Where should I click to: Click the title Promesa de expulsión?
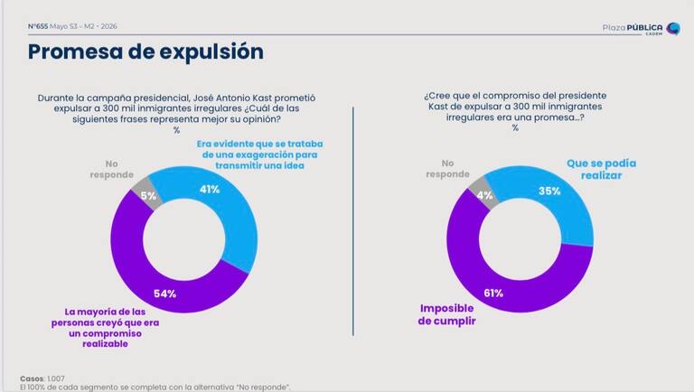[145, 51]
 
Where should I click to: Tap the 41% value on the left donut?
[210, 190]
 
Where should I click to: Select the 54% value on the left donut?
[164, 294]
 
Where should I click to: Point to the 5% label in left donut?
[148, 196]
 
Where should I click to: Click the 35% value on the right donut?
[549, 191]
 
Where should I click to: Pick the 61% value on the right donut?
[493, 293]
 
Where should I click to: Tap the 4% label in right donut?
[484, 195]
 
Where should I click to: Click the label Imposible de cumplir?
[446, 314]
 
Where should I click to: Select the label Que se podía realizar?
[601, 169]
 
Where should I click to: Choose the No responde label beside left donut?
[111, 169]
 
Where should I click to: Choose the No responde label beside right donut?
[447, 169]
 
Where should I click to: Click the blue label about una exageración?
[260, 154]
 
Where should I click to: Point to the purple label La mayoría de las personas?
[106, 328]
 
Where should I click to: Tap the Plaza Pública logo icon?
[673, 29]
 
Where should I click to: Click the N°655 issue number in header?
[38, 26]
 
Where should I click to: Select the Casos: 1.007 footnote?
[42, 378]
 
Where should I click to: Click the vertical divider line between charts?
[353, 221]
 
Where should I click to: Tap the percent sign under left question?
[176, 130]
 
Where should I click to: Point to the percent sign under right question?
[515, 128]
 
